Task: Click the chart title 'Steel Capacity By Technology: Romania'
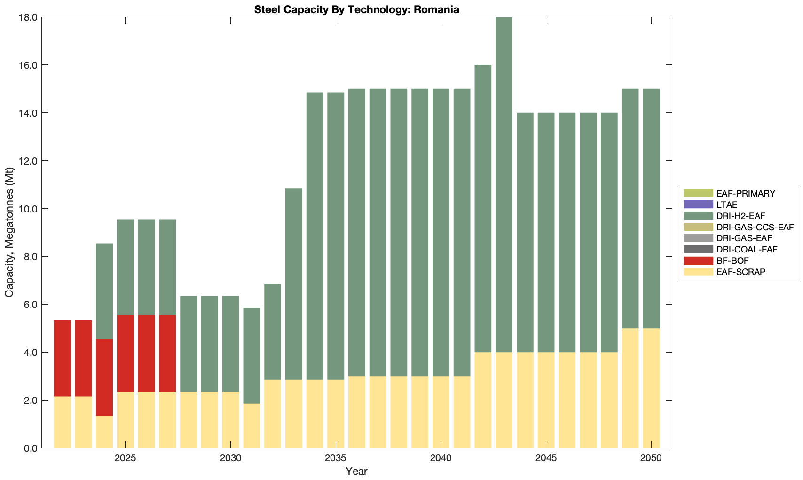pyautogui.click(x=356, y=9)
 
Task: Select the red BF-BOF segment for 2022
pyautogui.click(x=63, y=358)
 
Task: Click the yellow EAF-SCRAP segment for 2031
pyautogui.click(x=252, y=425)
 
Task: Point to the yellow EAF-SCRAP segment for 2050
pyautogui.click(x=651, y=388)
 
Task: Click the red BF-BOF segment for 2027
pyautogui.click(x=167, y=353)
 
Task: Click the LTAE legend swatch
pyautogui.click(x=699, y=205)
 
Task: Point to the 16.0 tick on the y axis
pyautogui.click(x=29, y=65)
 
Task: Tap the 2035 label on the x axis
pyautogui.click(x=336, y=458)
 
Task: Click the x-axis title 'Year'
pyautogui.click(x=356, y=471)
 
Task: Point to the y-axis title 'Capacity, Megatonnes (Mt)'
pyautogui.click(x=9, y=233)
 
